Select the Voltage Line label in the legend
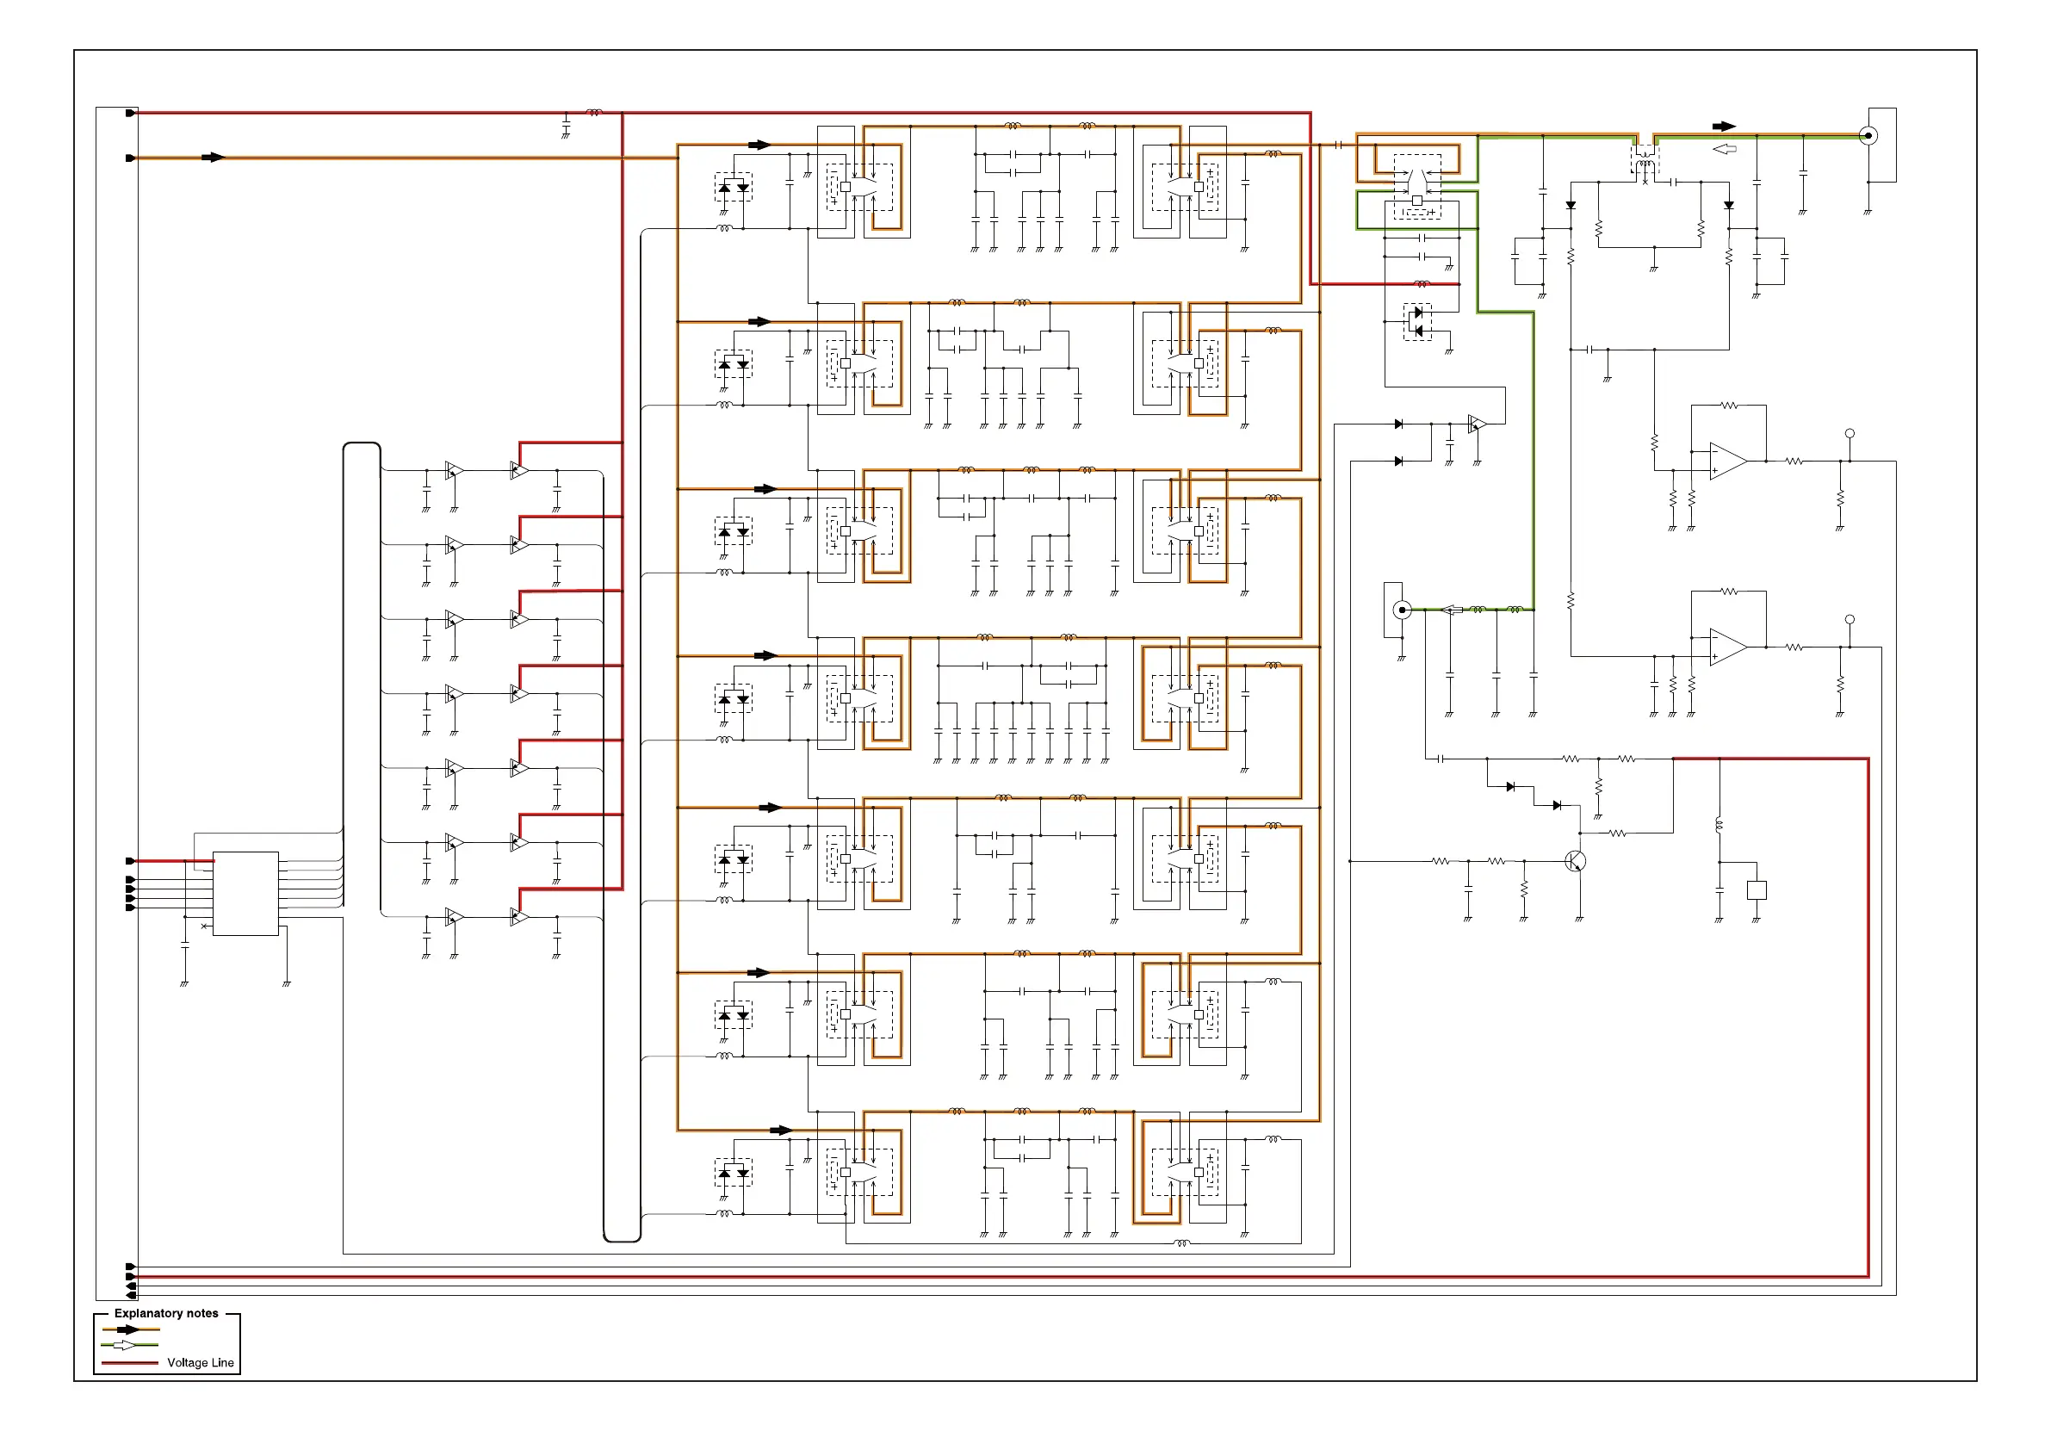(200, 1362)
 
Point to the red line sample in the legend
(129, 1362)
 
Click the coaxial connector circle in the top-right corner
(1868, 136)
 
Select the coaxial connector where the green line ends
(1403, 610)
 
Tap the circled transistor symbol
(1576, 861)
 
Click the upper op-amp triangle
(1726, 461)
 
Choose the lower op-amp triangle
(1726, 647)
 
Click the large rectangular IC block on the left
(245, 894)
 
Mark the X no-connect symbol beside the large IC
(205, 926)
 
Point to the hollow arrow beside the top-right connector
(1724, 149)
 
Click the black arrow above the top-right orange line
(1724, 127)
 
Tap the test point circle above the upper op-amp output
(1850, 433)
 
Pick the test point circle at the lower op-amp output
(1850, 619)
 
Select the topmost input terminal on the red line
(130, 114)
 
